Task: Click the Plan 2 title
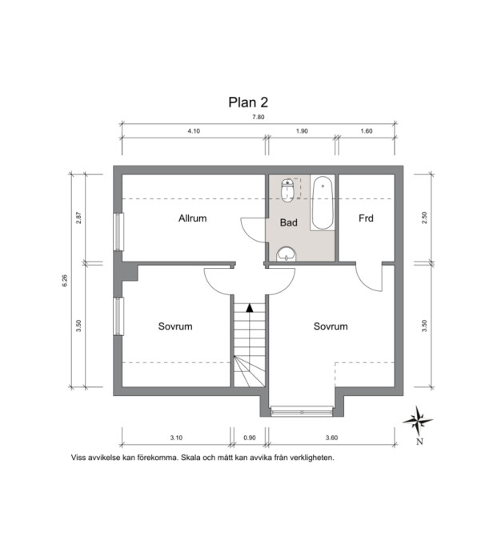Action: (x=248, y=102)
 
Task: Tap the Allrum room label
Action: (x=193, y=218)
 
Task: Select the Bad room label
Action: (x=289, y=222)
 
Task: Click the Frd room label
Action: (x=366, y=218)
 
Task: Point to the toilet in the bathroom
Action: (x=287, y=190)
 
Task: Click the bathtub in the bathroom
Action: (x=323, y=203)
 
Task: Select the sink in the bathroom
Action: (x=287, y=254)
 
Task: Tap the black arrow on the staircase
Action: (x=250, y=307)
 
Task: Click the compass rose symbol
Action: (x=418, y=422)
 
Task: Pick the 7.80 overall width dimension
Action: (x=259, y=117)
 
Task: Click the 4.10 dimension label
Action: (x=194, y=131)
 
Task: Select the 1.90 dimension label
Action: (x=302, y=131)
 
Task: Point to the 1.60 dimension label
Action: (x=367, y=131)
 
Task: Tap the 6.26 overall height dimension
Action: (x=65, y=280)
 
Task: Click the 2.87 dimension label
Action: (x=79, y=218)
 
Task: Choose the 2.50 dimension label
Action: (x=424, y=218)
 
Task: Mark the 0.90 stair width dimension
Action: (x=250, y=438)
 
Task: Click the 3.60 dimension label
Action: (x=331, y=438)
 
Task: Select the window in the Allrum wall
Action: (x=118, y=232)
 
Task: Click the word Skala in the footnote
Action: (x=190, y=458)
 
